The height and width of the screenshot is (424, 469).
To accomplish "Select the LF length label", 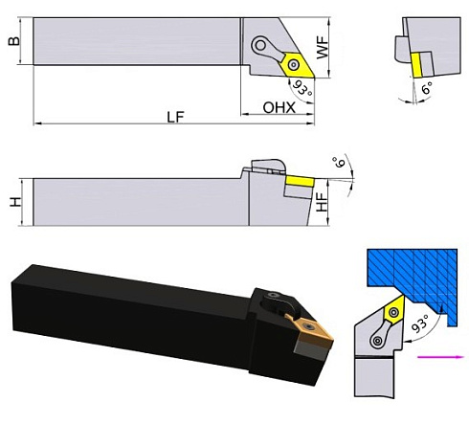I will (x=173, y=116).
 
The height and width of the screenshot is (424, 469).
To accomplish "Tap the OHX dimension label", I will (x=279, y=108).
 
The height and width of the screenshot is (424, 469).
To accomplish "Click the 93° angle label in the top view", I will (x=302, y=91).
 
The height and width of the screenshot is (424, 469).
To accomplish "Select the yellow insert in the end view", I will (x=416, y=63).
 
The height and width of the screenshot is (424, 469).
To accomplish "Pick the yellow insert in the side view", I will (x=295, y=179).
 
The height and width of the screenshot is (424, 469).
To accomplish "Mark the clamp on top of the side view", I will (x=264, y=167).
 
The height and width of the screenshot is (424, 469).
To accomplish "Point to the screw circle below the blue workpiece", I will (x=379, y=337).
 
